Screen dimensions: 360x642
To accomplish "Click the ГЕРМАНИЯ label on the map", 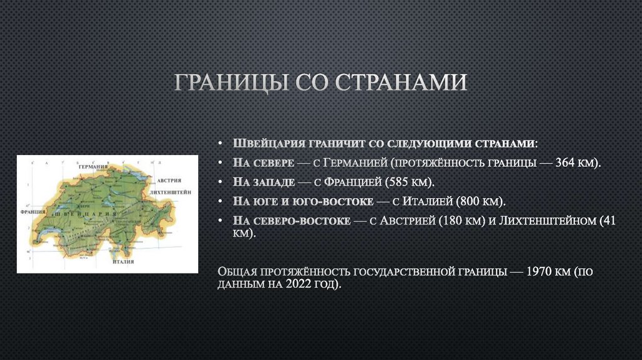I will click(x=92, y=168).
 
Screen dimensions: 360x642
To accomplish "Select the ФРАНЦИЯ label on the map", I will click(x=33, y=212).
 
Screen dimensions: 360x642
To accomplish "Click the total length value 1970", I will click(x=539, y=272).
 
